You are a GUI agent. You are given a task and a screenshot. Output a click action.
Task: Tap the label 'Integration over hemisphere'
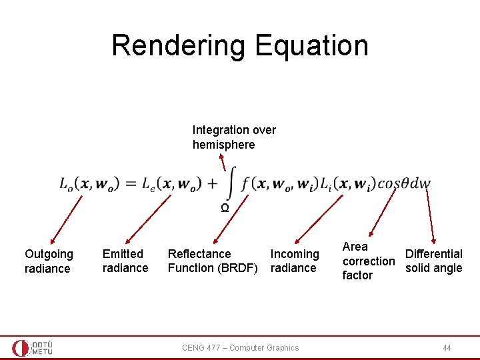click(x=234, y=137)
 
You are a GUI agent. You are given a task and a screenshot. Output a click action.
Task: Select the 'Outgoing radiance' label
click(x=49, y=261)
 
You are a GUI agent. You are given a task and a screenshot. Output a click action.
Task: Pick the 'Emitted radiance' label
click(x=125, y=261)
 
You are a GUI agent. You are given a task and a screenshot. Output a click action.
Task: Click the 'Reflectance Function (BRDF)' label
click(x=212, y=261)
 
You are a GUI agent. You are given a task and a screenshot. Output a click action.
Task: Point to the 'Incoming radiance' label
click(x=294, y=261)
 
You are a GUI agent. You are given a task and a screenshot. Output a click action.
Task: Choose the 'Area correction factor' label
click(x=368, y=261)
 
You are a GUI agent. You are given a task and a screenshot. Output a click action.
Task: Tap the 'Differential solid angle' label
click(x=433, y=261)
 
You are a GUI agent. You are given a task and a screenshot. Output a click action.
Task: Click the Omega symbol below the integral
click(x=225, y=208)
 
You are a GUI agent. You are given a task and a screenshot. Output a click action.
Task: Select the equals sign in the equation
click(x=131, y=183)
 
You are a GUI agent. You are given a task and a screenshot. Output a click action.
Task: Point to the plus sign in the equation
click(x=213, y=183)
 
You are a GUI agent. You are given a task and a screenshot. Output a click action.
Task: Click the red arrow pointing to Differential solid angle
click(x=430, y=215)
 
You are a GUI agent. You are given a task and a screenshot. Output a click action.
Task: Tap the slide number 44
click(x=447, y=348)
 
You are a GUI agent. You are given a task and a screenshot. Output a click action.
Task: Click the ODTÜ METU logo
click(x=32, y=348)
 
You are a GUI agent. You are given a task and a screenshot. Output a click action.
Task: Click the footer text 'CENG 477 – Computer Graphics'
click(x=240, y=348)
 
